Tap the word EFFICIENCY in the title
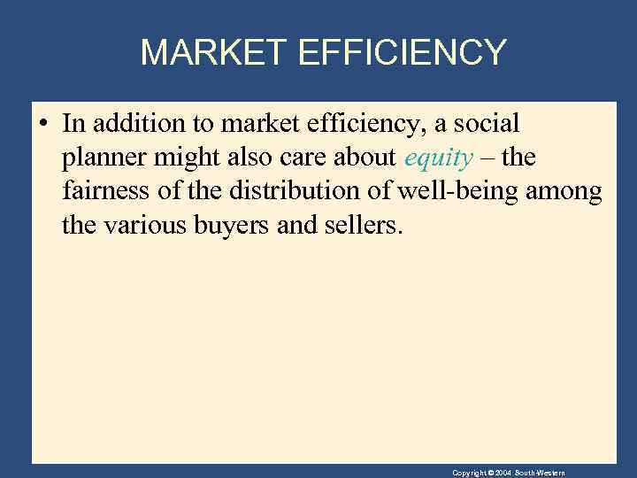tap(403, 53)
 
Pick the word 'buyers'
tap(231, 224)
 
